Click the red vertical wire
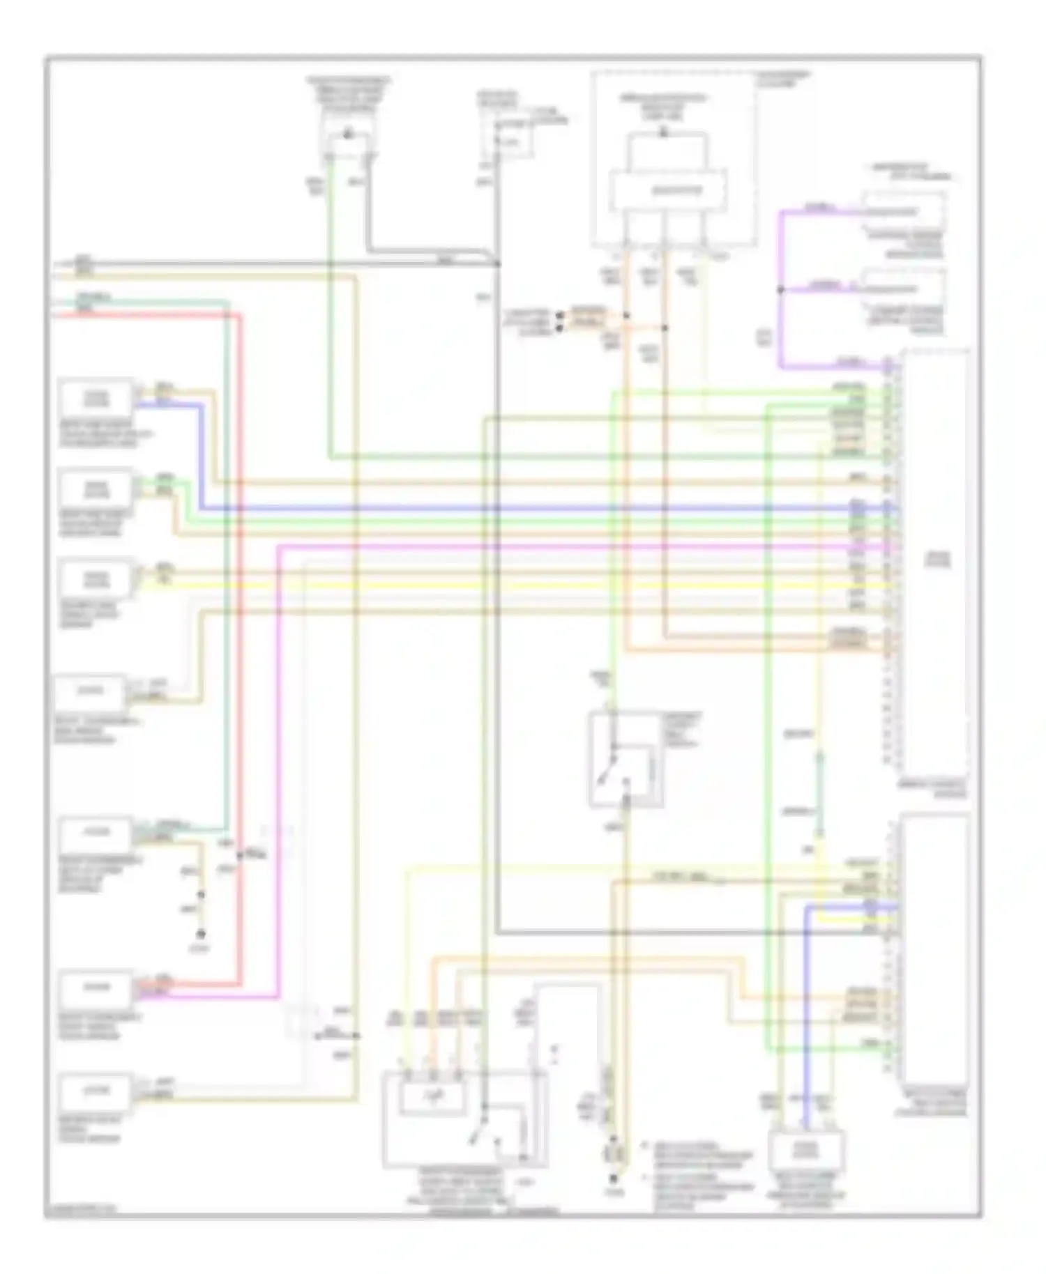click(241, 627)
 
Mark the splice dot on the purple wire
click(780, 289)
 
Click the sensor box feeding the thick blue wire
click(96, 398)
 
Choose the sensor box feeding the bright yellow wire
click(96, 580)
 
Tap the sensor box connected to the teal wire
click(96, 834)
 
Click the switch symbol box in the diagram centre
click(626, 760)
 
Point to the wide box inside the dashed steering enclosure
click(668, 190)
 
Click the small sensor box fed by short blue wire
click(806, 1149)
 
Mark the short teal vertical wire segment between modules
click(820, 795)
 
